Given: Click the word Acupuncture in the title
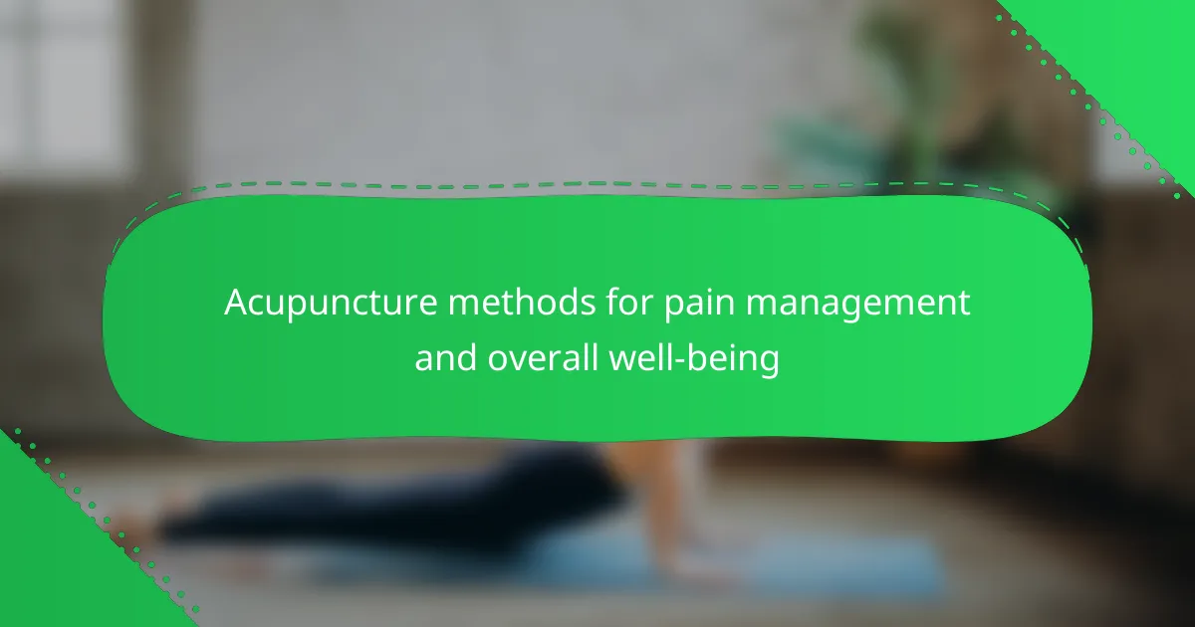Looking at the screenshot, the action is pyautogui.click(x=331, y=304).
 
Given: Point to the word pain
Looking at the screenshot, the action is pyautogui.click(x=699, y=305).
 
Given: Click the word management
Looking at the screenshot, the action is pyautogui.click(x=857, y=305).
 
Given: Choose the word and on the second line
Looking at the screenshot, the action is pyautogui.click(x=446, y=357).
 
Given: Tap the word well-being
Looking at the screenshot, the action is pyautogui.click(x=694, y=360).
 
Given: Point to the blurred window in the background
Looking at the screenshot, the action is pyautogui.click(x=59, y=80).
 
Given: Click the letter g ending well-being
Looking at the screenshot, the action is pyautogui.click(x=769, y=362).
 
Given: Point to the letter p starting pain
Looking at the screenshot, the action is pyautogui.click(x=674, y=309).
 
